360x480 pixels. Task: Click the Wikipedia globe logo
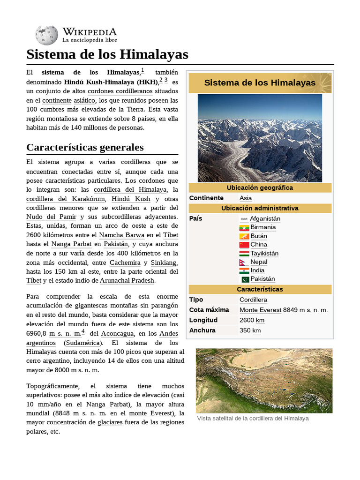coord(46,35)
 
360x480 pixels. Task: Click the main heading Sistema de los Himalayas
coord(107,54)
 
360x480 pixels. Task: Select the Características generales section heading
coord(85,147)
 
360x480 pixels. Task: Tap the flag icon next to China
coord(244,245)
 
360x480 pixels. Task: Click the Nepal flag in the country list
coord(244,262)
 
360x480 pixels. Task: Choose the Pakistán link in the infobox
coord(262,279)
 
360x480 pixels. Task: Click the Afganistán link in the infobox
coord(265,218)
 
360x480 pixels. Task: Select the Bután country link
coord(259,236)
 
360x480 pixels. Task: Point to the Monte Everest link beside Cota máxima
coord(261,310)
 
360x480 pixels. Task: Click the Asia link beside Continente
coord(246,198)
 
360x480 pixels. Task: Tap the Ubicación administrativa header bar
coord(260,208)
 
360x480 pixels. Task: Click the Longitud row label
coord(203,320)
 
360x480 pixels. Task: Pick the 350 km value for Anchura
coord(250,330)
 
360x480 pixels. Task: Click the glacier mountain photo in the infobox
coord(260,138)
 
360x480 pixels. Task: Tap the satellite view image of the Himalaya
coord(264,380)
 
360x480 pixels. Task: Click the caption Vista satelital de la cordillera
coord(253,418)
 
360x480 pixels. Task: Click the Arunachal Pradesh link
coord(127,280)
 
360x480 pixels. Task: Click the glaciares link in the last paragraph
coord(110,422)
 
